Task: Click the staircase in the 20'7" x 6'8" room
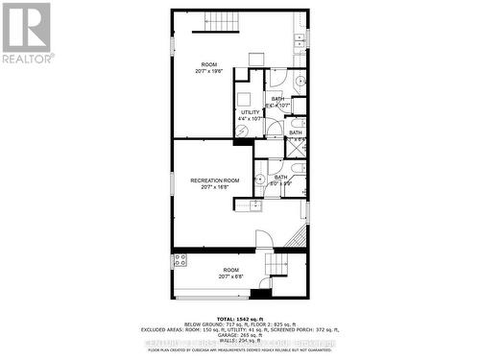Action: [279, 265]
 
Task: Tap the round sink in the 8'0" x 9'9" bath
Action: [261, 178]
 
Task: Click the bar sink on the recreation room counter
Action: [256, 204]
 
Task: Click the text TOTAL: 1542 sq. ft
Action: [239, 318]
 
